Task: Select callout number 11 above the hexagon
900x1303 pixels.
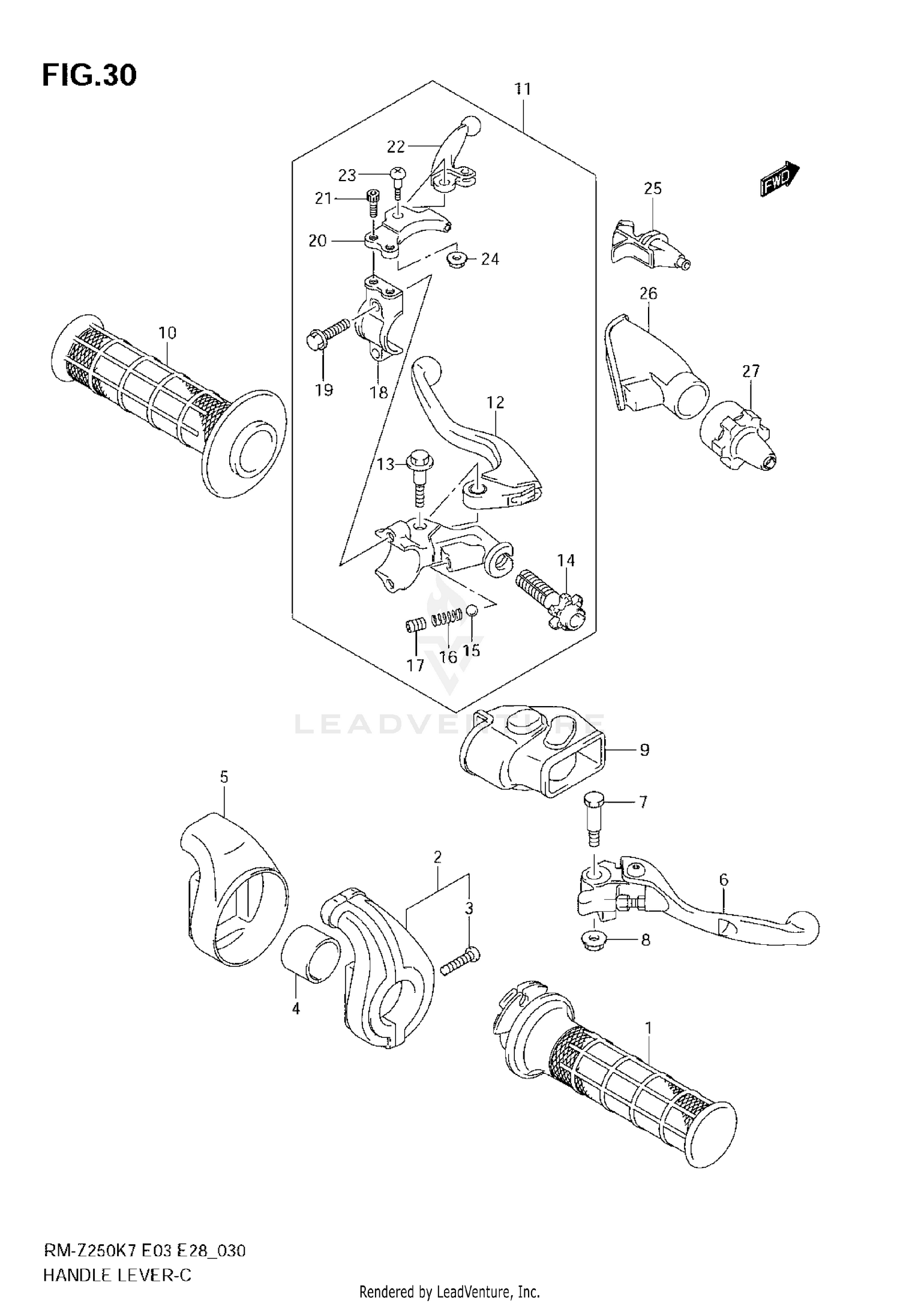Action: [x=523, y=89]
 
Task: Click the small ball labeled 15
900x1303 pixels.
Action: [x=472, y=610]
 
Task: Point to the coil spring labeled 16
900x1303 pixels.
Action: [x=447, y=617]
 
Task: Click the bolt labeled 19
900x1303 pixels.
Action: [x=327, y=333]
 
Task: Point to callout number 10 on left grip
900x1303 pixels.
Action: [x=167, y=332]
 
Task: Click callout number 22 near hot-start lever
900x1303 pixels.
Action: [x=396, y=146]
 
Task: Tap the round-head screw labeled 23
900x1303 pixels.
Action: [x=398, y=178]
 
